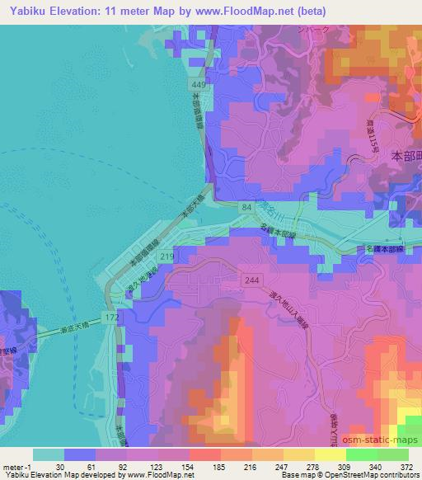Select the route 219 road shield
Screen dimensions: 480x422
click(167, 257)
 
